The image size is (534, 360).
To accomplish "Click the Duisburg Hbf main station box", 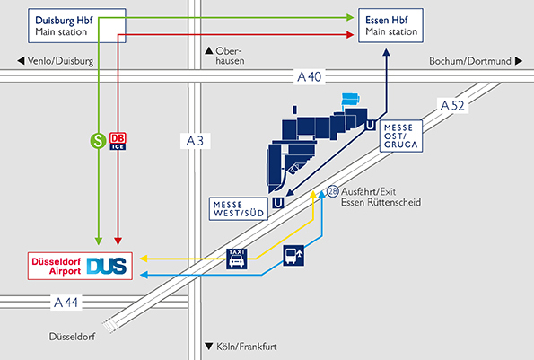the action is tap(77, 25).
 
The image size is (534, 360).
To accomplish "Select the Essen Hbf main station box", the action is tap(390, 25).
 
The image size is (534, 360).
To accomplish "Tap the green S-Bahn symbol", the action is tap(98, 141).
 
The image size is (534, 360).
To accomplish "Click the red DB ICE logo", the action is tap(118, 141).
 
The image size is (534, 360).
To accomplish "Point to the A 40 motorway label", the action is tap(310, 76).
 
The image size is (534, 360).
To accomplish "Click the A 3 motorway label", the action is tap(195, 141).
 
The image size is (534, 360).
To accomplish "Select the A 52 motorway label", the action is tap(452, 106).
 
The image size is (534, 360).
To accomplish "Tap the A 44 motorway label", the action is tap(66, 303).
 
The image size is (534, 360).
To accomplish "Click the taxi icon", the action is tap(237, 259).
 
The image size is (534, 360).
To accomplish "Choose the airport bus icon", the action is tap(293, 256).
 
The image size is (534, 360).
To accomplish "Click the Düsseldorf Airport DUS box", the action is tap(80, 266).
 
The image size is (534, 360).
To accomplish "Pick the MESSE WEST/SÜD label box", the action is tap(239, 209).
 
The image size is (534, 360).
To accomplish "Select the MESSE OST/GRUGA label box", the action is tap(401, 136).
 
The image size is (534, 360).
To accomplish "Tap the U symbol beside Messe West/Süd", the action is tap(278, 203).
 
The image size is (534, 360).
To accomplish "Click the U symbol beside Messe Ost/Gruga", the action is tap(370, 126).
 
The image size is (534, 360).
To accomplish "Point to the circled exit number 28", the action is tap(333, 191).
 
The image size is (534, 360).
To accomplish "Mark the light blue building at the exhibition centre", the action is tap(350, 99).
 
